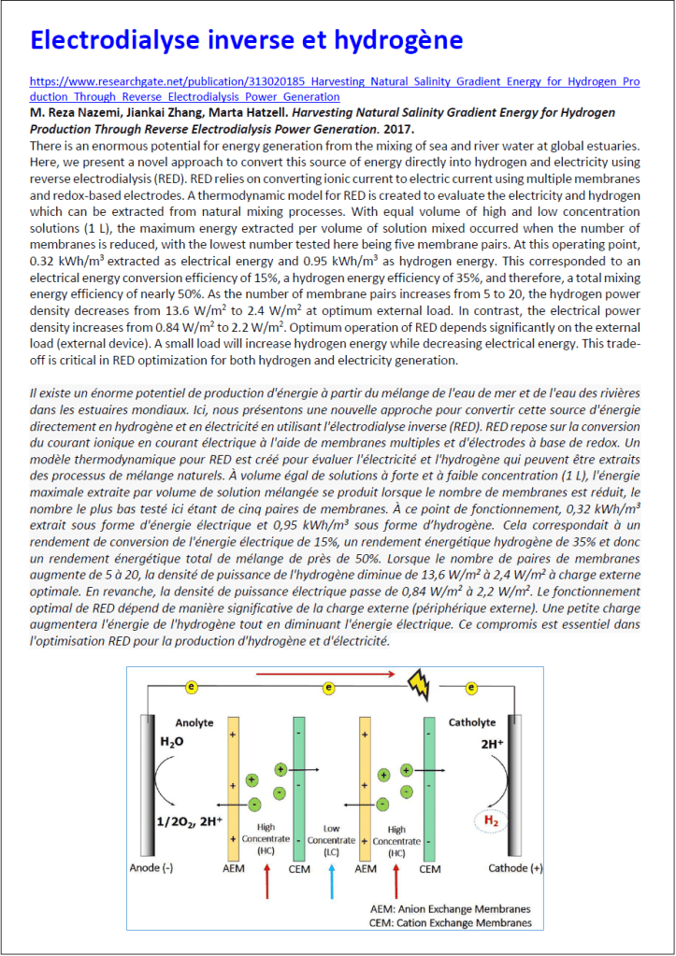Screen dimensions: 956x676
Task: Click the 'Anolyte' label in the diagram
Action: pos(194,723)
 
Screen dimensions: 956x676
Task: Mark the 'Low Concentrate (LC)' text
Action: pos(331,840)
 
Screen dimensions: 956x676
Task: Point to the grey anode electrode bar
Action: pos(146,786)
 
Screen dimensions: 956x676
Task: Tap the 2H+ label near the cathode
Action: pos(493,745)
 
